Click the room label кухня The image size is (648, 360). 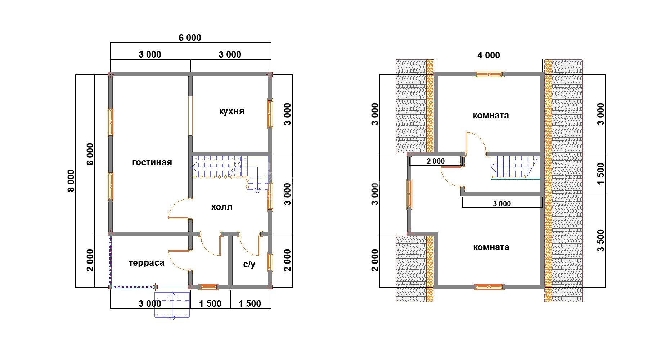(x=231, y=111)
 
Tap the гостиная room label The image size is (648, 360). (x=152, y=162)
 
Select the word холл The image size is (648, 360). (x=221, y=207)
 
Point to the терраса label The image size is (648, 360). (x=147, y=263)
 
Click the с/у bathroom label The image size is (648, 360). (x=249, y=264)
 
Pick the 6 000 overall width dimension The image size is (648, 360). (x=190, y=37)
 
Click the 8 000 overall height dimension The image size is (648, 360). (x=71, y=181)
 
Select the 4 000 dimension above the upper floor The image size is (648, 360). (x=489, y=55)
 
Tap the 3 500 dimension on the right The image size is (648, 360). (x=601, y=240)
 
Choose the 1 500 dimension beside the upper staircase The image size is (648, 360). (x=601, y=174)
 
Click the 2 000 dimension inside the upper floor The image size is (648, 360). (x=436, y=161)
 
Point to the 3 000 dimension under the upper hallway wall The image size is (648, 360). (x=502, y=204)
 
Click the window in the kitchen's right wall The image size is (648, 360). (x=270, y=114)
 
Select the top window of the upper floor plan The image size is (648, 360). (x=489, y=75)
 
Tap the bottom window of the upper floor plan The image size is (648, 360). (x=489, y=287)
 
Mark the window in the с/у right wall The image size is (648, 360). (x=270, y=262)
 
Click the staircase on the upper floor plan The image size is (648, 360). (x=516, y=167)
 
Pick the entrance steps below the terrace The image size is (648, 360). (x=172, y=305)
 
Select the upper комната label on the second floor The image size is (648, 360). (x=491, y=116)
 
